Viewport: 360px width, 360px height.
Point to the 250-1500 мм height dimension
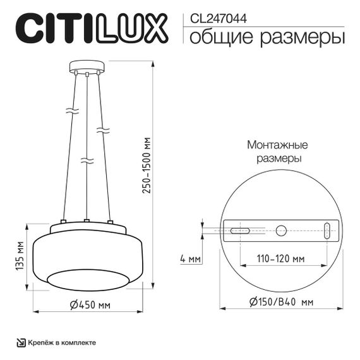[x=147, y=165]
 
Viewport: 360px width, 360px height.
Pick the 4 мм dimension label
[x=190, y=259]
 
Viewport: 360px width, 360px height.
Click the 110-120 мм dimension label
[x=280, y=259]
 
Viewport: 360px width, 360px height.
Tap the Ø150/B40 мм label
[x=281, y=302]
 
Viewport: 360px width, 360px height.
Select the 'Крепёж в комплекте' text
[x=61, y=342]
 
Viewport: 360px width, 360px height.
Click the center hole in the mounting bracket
[x=282, y=231]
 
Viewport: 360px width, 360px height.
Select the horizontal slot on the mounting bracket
[x=239, y=231]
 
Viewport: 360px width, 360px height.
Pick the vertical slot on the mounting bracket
[x=327, y=231]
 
